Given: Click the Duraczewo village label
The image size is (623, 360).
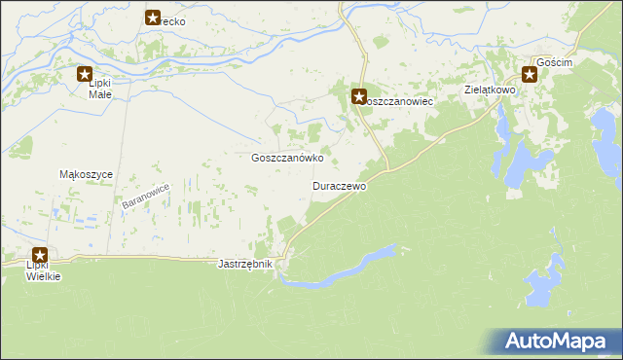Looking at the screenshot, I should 339,185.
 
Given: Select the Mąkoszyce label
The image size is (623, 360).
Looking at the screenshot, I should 88,174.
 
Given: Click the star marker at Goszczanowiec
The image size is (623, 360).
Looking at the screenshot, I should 358,96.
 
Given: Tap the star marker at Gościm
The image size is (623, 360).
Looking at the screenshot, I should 530,73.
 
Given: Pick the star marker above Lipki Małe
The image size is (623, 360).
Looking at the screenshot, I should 86,72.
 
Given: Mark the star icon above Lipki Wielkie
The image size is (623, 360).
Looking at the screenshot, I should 40,255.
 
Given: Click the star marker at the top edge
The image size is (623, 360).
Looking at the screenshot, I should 153,17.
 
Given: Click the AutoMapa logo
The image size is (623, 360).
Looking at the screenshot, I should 558,342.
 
